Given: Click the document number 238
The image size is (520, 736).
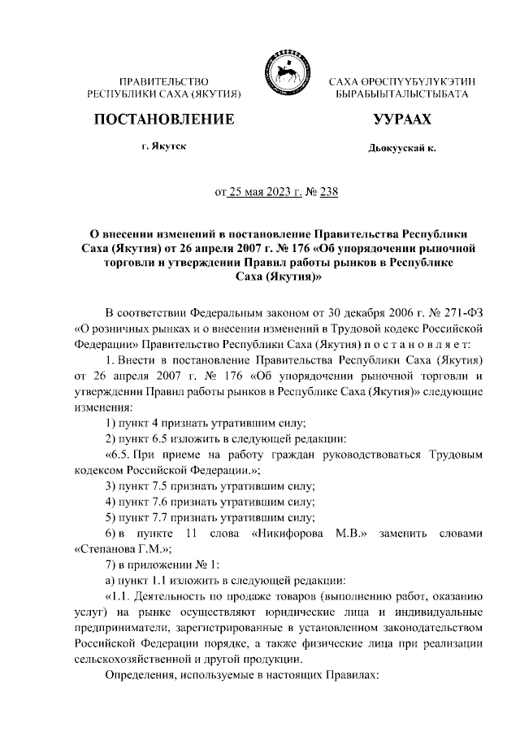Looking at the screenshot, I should tap(329, 193).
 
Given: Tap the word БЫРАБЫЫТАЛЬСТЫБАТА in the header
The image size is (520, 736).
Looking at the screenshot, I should tap(401, 95).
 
